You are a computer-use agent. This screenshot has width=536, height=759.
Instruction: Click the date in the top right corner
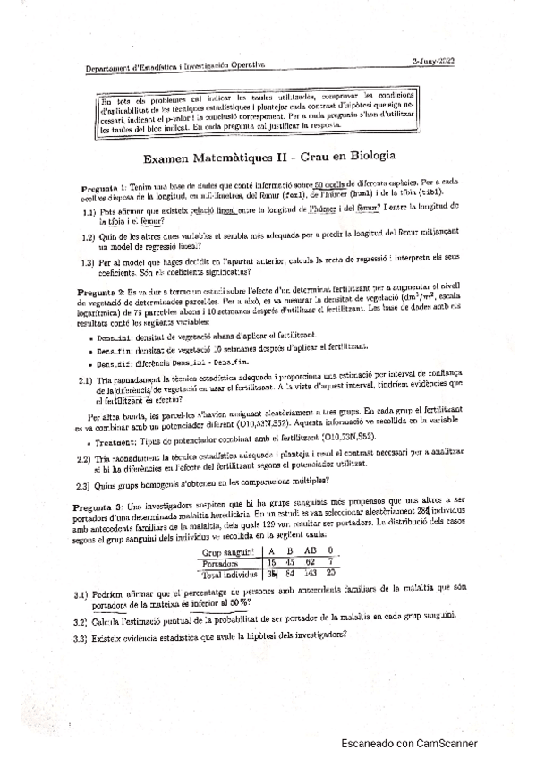click(434, 59)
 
